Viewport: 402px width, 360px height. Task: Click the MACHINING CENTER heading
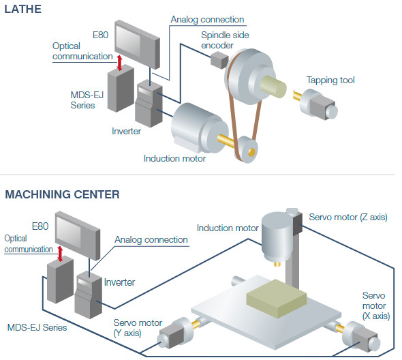click(x=63, y=194)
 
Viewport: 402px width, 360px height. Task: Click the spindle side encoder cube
click(x=219, y=61)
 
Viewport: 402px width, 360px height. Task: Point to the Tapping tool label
click(x=330, y=80)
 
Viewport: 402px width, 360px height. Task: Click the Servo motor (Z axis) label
click(x=347, y=217)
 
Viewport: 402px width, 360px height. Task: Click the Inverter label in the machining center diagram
click(x=119, y=282)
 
